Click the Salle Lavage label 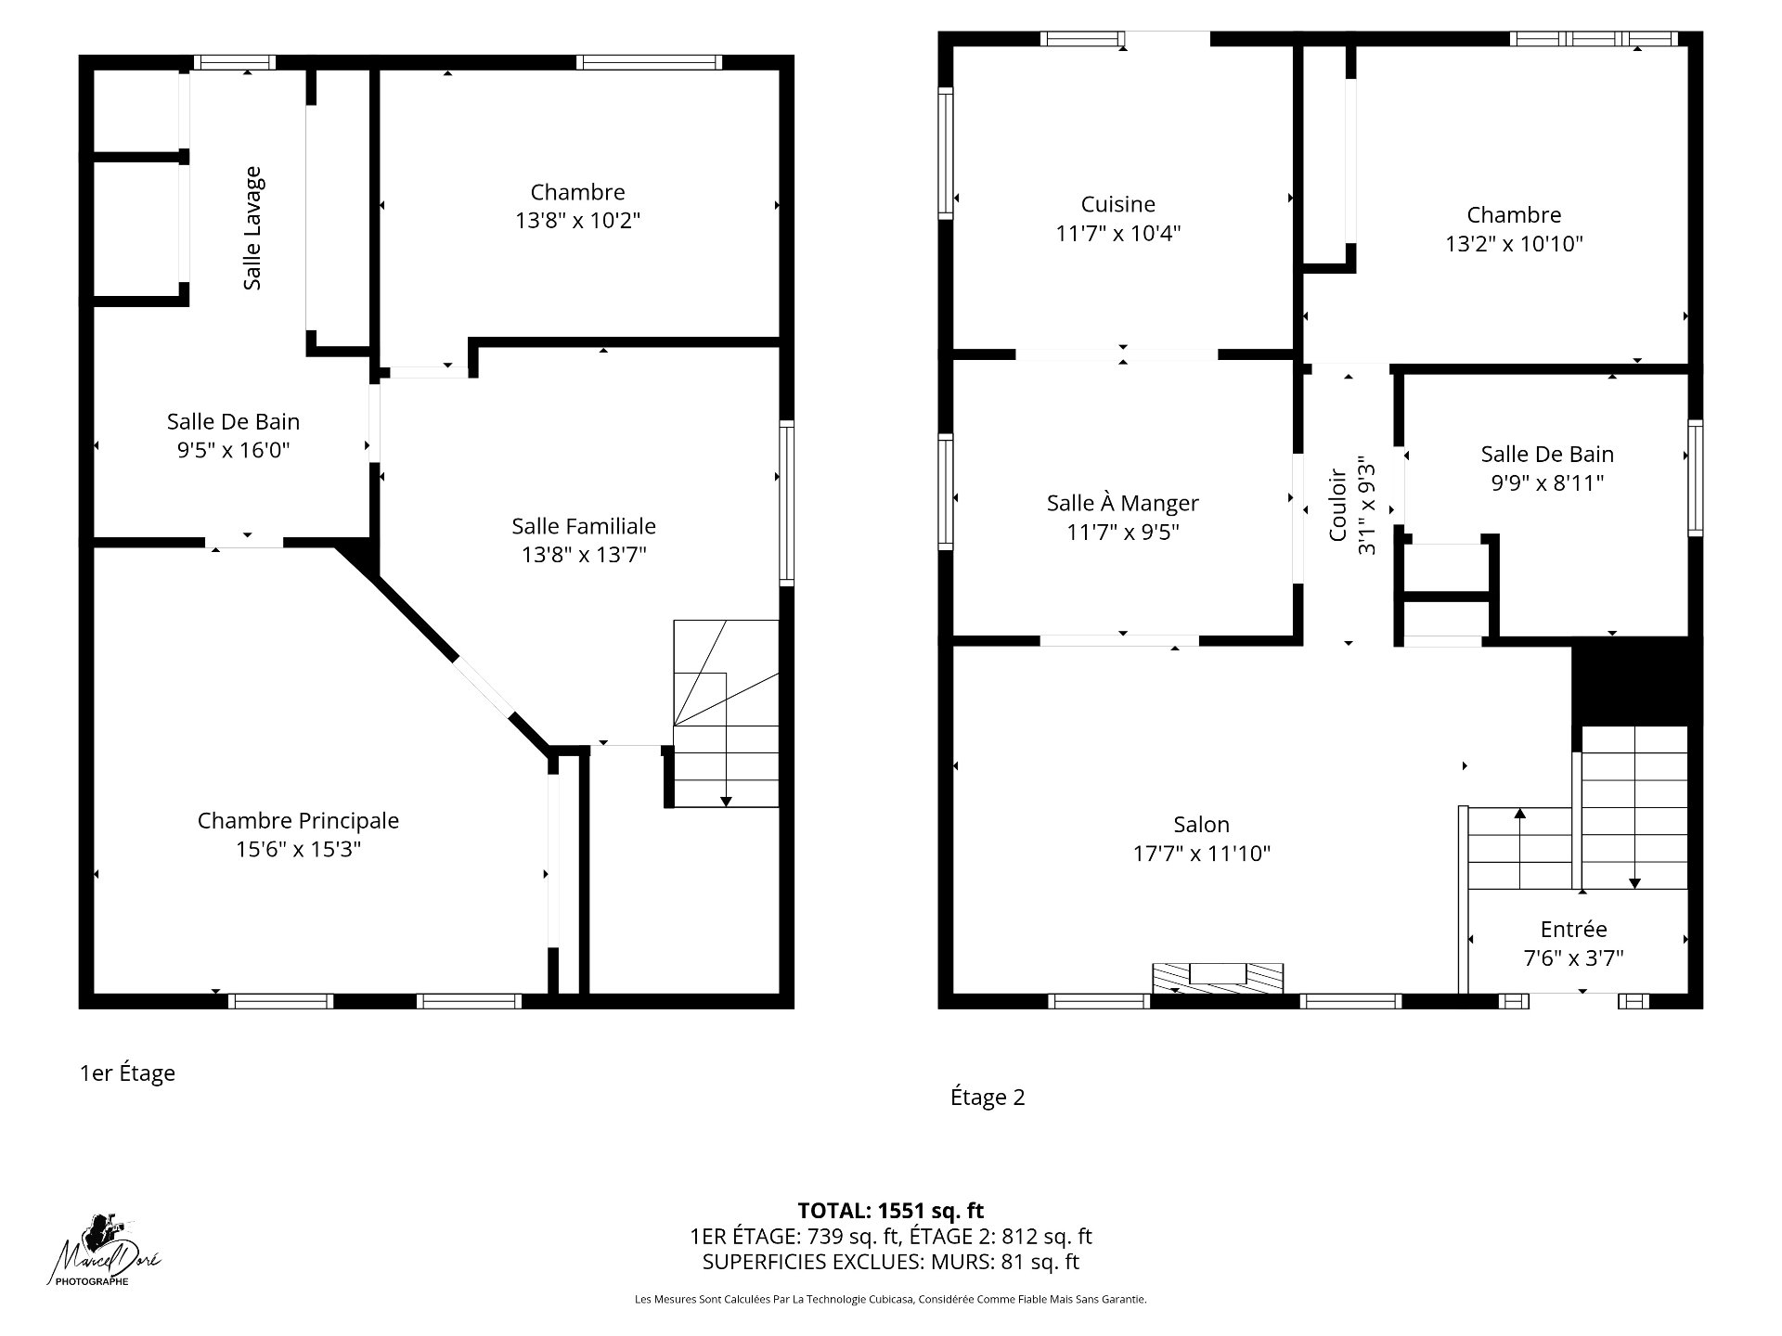[252, 228]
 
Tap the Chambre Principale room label [298, 820]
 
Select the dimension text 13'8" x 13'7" [584, 555]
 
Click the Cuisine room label [1118, 204]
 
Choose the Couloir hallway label [1338, 505]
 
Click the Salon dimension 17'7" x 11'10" [1202, 854]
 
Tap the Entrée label [1573, 929]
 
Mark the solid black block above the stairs [1636, 681]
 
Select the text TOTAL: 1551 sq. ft [891, 1210]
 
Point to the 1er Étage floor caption [127, 1073]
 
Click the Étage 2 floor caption [988, 1098]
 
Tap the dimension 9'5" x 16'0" [234, 450]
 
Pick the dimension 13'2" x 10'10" [1514, 244]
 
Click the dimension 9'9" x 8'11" [1547, 483]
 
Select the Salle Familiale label [584, 526]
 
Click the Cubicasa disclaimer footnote [891, 1300]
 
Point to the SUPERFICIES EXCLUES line [891, 1262]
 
